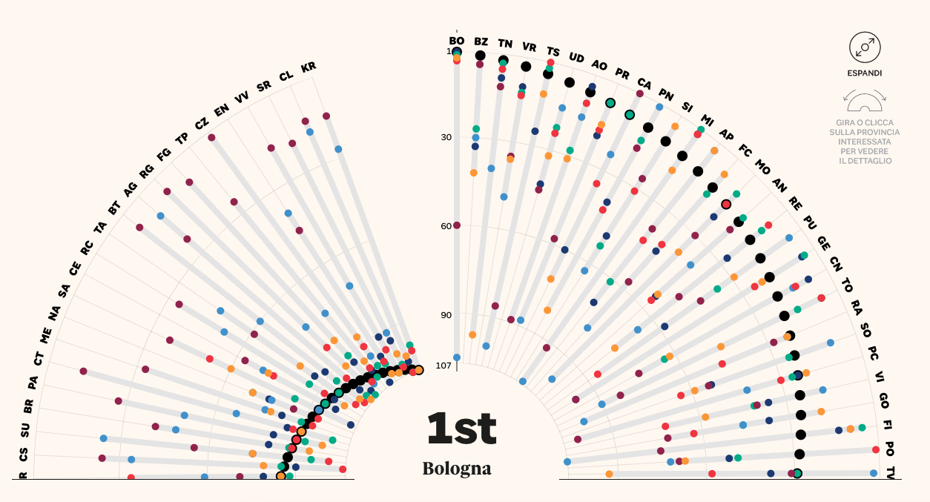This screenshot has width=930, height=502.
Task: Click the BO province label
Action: click(457, 40)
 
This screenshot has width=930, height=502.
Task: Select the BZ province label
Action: click(481, 42)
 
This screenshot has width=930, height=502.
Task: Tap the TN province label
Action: click(505, 44)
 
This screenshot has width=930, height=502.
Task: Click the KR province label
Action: click(309, 68)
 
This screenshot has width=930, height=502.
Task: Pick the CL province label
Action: click(286, 76)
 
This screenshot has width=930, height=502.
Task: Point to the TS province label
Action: click(553, 51)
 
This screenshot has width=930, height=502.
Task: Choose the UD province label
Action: click(576, 57)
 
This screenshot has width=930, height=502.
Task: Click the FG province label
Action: click(164, 154)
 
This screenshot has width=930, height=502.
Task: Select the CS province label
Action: click(24, 452)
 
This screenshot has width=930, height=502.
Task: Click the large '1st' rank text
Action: click(461, 428)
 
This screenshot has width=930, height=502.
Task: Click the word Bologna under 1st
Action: click(457, 469)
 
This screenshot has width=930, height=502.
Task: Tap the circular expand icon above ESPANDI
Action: click(865, 47)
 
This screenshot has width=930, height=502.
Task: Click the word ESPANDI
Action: click(865, 73)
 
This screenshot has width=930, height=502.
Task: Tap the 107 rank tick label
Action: click(443, 366)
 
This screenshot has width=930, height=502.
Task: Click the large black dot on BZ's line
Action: click(480, 56)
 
